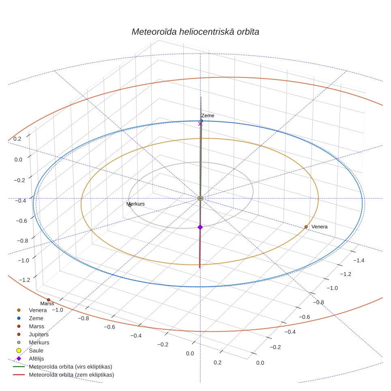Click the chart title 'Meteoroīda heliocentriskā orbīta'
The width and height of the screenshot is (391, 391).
[195, 32]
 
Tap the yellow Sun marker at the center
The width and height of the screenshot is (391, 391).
[200, 198]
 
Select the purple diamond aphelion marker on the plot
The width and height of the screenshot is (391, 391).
[200, 227]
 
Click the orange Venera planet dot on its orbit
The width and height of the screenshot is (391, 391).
[306, 227]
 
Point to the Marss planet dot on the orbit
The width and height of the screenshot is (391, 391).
[48, 300]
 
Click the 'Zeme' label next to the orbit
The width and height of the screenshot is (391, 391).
[208, 116]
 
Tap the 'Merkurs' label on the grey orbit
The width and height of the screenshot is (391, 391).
[135, 204]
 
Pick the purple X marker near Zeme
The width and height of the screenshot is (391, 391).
[200, 124]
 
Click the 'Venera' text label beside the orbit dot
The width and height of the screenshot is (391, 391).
[320, 227]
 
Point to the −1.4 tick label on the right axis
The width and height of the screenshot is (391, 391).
[359, 260]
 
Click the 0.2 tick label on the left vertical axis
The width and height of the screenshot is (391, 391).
[17, 139]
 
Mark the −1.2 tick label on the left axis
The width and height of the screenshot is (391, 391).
[24, 280]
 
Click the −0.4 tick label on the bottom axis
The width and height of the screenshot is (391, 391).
[136, 336]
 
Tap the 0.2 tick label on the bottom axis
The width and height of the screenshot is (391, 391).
[217, 363]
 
